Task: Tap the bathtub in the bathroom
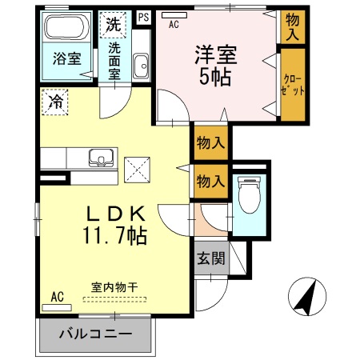point(66,29)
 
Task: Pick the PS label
point(143,17)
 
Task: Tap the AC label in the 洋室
point(174,24)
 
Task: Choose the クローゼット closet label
point(292,84)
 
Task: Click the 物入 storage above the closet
point(292,28)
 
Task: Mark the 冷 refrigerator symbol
point(55,102)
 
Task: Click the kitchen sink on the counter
point(101,157)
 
